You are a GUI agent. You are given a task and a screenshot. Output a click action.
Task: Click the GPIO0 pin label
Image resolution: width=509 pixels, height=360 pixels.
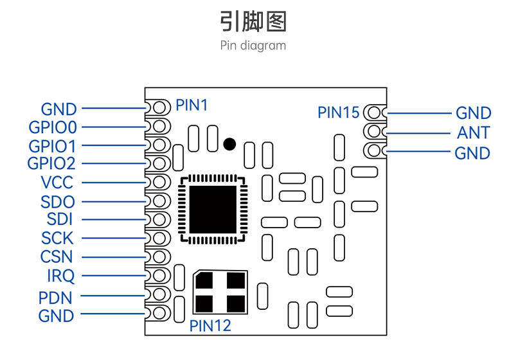[53, 127]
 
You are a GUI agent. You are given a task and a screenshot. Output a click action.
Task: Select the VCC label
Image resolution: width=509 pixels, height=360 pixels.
[57, 183]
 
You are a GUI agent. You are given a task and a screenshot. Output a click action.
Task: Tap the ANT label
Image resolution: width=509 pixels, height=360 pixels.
[474, 133]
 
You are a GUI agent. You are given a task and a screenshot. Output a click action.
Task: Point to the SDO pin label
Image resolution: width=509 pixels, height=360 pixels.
[58, 202]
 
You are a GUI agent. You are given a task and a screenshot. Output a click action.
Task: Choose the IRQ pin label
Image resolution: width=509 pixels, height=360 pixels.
[61, 276]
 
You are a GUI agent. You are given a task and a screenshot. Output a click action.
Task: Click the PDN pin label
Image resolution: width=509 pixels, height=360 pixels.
[55, 298]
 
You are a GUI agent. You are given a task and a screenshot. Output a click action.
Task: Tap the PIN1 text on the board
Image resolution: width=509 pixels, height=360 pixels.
[192, 105]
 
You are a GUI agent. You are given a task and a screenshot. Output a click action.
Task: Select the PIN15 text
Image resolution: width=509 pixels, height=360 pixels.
[339, 113]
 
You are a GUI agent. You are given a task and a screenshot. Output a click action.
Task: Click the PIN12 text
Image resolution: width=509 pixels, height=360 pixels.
[210, 325]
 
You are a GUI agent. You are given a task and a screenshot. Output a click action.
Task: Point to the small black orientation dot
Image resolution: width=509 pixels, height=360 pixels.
[229, 144]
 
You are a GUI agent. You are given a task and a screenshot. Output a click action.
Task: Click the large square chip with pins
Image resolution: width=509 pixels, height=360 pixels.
[213, 210]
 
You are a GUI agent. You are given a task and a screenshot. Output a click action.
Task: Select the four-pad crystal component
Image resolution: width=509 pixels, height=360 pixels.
[220, 292]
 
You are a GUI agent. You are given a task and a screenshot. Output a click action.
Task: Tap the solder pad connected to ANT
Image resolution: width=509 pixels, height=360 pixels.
[375, 132]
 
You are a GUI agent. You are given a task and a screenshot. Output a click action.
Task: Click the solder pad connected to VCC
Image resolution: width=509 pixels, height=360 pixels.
[158, 182]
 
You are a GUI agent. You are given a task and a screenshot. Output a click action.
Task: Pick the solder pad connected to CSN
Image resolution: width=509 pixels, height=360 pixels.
[158, 257]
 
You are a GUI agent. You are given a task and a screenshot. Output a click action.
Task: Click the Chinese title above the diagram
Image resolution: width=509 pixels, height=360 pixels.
[253, 22]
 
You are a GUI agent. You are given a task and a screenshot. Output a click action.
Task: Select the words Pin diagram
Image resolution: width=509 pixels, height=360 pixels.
[253, 46]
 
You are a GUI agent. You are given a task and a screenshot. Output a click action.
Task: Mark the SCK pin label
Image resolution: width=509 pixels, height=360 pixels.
[57, 239]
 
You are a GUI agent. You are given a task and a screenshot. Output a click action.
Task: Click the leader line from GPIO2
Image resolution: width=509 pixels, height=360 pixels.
[114, 163]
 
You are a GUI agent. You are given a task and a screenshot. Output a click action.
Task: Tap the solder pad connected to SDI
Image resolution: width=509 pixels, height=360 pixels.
[158, 220]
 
